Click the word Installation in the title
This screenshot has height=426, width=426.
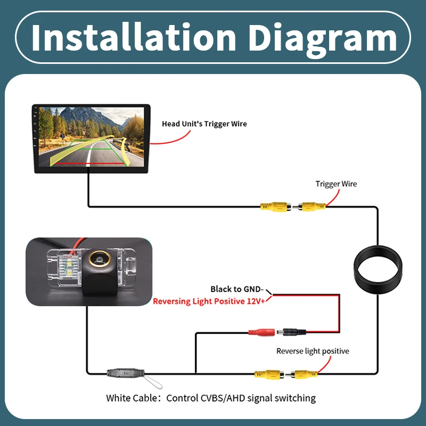tap(134, 37)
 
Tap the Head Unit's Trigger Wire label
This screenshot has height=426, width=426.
tap(204, 124)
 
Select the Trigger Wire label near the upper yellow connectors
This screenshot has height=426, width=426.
tap(336, 184)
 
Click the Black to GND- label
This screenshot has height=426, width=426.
tap(237, 289)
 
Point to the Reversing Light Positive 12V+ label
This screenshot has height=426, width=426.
tap(209, 301)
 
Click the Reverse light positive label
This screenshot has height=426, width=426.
tap(313, 351)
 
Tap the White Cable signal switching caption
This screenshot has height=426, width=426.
tap(211, 398)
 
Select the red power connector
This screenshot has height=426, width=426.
tap(261, 332)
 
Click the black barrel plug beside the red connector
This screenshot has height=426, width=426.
tap(291, 332)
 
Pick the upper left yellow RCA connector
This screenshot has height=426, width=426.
tap(275, 207)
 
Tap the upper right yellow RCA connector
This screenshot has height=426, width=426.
tap(312, 207)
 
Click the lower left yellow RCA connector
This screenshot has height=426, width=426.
tap(269, 374)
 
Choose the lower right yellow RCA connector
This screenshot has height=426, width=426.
tap(304, 374)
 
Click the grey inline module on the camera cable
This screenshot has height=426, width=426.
tap(126, 373)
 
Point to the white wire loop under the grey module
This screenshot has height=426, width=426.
tap(153, 381)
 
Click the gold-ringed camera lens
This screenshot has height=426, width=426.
tap(100, 259)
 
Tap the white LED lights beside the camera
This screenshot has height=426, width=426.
tap(69, 267)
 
